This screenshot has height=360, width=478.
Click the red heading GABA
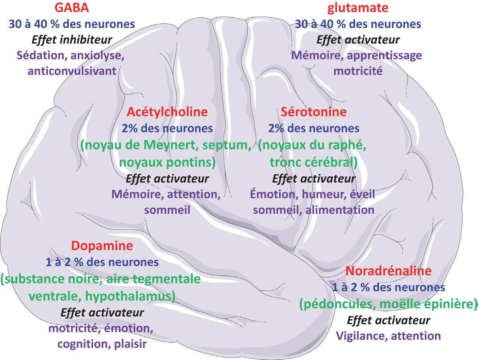click(x=74, y=8)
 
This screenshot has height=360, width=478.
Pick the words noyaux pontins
click(x=167, y=162)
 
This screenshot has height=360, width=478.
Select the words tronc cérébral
click(x=314, y=162)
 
